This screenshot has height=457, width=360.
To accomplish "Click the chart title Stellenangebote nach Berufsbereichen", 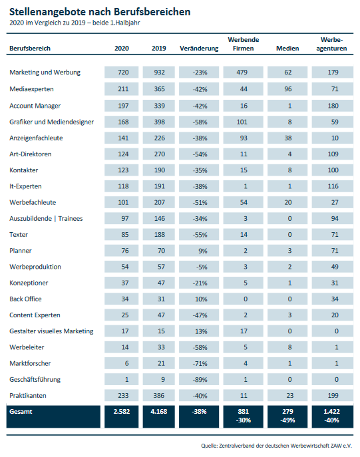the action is click(100, 12).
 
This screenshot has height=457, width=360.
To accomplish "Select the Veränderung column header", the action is click(199, 49).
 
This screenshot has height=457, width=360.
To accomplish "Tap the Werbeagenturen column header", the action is click(332, 44).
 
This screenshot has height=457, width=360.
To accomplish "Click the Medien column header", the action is click(287, 49).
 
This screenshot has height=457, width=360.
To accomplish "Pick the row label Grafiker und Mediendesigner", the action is click(52, 122).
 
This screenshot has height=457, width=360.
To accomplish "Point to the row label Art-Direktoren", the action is click(31, 154).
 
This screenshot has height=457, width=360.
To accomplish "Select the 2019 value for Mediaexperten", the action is click(160, 89).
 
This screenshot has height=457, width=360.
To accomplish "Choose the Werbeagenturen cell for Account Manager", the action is click(333, 106).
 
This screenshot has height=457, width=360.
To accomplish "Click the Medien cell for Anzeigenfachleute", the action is click(287, 138).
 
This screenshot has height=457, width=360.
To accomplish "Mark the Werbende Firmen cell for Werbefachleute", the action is click(244, 202).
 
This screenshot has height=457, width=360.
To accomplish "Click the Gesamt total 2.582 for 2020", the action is click(122, 412).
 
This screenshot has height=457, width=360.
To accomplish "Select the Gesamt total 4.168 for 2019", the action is click(159, 412).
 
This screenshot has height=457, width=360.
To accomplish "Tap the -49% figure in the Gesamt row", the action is click(287, 420).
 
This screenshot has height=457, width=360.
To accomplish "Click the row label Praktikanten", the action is click(28, 396).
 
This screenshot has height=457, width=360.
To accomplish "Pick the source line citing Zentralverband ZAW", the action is click(276, 446).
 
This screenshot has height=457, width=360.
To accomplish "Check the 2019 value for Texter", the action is click(160, 234).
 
